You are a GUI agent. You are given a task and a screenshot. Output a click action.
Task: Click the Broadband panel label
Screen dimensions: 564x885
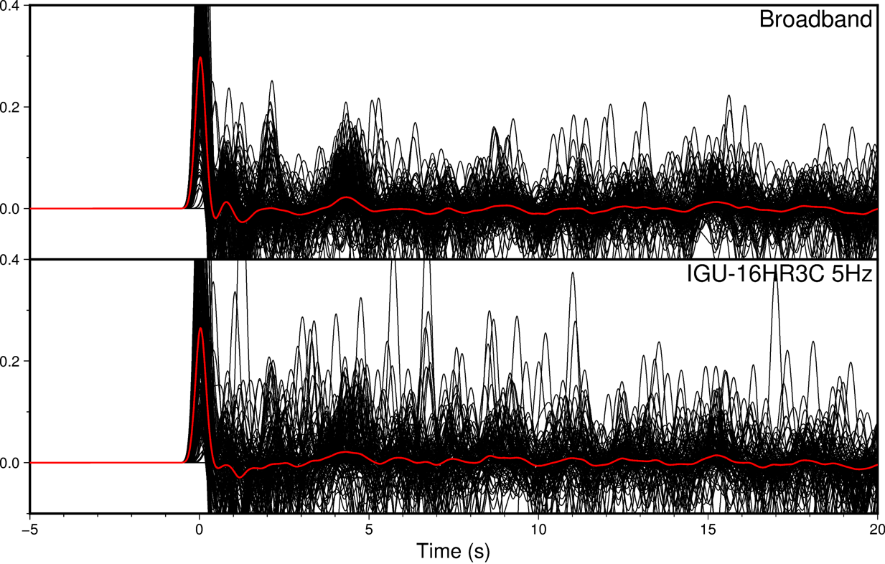(x=815, y=19)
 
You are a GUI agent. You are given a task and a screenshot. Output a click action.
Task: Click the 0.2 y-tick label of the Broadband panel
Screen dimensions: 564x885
(x=13, y=107)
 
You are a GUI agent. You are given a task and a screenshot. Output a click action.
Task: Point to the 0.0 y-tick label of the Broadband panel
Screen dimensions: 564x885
(x=13, y=209)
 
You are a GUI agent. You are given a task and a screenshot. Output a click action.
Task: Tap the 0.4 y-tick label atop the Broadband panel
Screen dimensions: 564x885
(x=13, y=6)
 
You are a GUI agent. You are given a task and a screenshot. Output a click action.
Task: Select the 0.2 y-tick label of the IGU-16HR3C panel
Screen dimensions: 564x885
(x=13, y=361)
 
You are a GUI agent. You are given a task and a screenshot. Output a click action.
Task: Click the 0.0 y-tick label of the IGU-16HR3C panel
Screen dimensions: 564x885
(x=13, y=463)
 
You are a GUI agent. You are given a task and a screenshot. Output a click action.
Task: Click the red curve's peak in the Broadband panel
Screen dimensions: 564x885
(x=200, y=58)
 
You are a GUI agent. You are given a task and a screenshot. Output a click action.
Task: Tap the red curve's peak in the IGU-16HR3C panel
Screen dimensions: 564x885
(x=200, y=329)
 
